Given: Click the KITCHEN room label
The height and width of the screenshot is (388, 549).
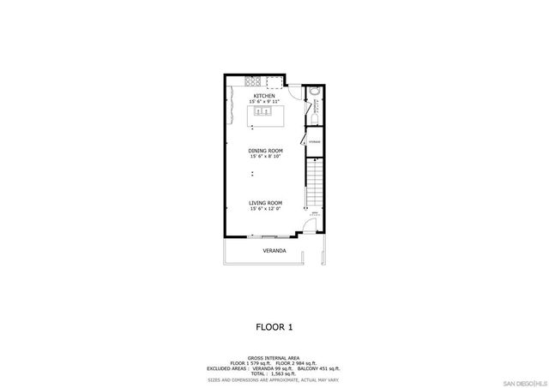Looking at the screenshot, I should point(264,96).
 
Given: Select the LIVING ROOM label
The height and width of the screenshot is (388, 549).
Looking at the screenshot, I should point(266,203).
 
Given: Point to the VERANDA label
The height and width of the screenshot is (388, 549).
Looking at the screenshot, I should point(274,252).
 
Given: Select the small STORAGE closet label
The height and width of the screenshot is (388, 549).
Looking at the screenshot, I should point(315,140).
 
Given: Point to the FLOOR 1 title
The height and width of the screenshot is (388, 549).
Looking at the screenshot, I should point(274,326).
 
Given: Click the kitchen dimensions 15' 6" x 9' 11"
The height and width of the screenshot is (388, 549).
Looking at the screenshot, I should point(264,102).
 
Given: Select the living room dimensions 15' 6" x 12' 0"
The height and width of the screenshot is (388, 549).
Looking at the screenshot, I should point(266,209).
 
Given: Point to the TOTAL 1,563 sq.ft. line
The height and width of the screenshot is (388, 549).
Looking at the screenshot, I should point(274,373).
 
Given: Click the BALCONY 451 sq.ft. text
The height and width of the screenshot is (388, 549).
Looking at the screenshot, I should point(318,367).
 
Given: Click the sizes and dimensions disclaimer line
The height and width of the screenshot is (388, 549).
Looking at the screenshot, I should point(274,379).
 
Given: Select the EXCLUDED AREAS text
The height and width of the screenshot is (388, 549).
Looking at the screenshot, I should point(228,367).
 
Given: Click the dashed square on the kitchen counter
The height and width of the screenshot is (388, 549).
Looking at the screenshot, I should point(274,82).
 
